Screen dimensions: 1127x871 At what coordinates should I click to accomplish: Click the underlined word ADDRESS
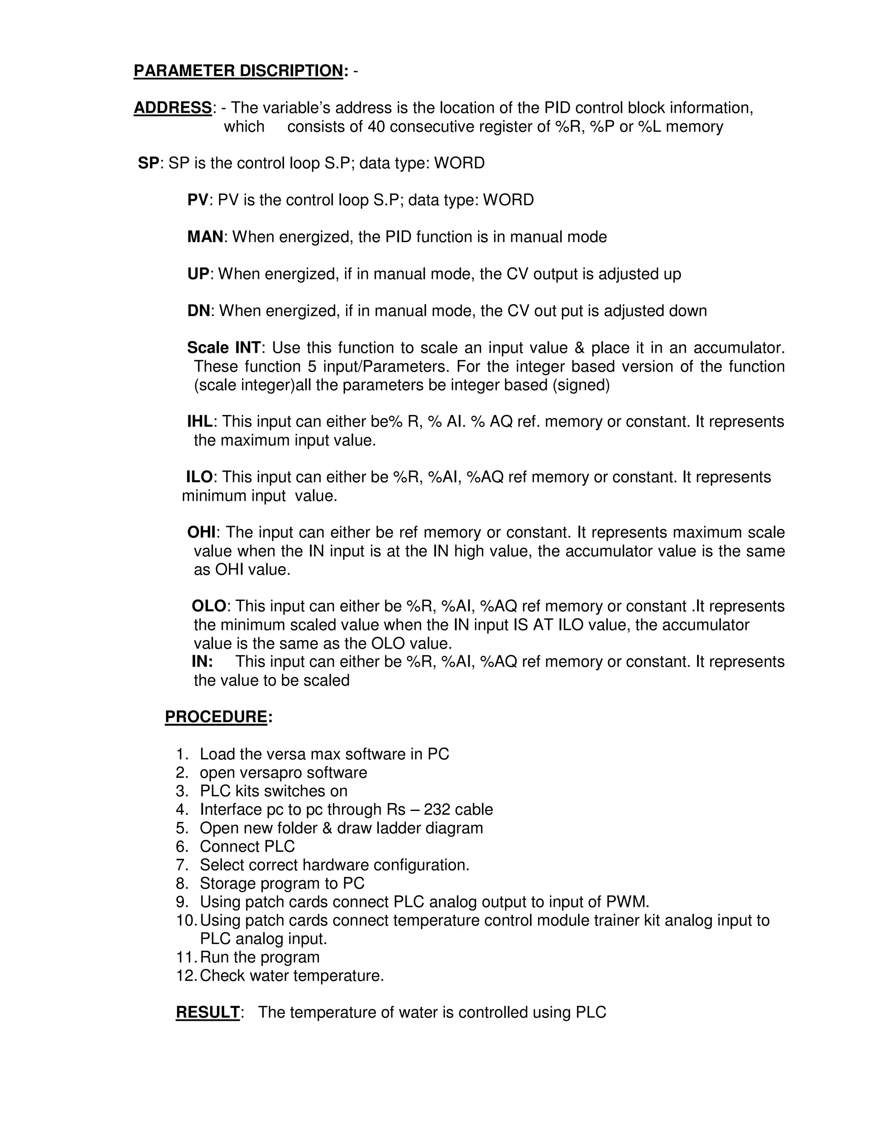(172, 108)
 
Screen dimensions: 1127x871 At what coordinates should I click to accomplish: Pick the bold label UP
(198, 274)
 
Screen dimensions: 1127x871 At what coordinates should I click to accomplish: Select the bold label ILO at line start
(199, 477)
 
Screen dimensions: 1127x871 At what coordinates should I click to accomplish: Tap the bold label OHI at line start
(202, 532)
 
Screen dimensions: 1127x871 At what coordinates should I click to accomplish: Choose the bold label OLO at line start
(209, 606)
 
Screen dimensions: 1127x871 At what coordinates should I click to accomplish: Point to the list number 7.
(182, 865)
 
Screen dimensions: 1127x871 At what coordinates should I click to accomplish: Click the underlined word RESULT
(208, 1013)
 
